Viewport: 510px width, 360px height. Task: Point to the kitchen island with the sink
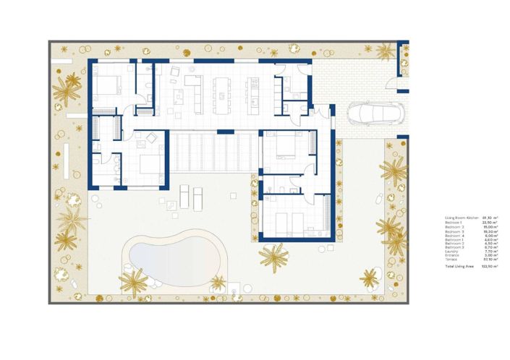pyautogui.click(x=253, y=87)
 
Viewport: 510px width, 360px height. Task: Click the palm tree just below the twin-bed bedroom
pyautogui.click(x=274, y=254)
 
